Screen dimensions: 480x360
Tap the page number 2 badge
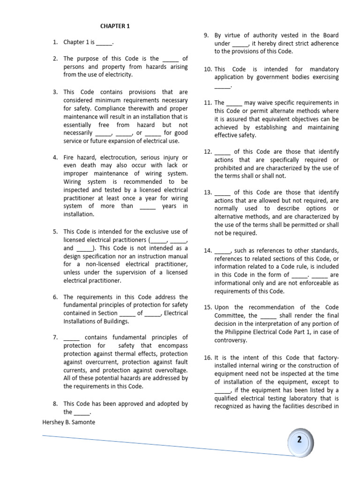(x=299, y=440)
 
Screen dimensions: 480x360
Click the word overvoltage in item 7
(x=169, y=370)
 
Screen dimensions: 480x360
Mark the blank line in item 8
(x=82, y=412)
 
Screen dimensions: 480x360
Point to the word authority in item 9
(x=267, y=35)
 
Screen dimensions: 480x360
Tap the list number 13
(x=208, y=192)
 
